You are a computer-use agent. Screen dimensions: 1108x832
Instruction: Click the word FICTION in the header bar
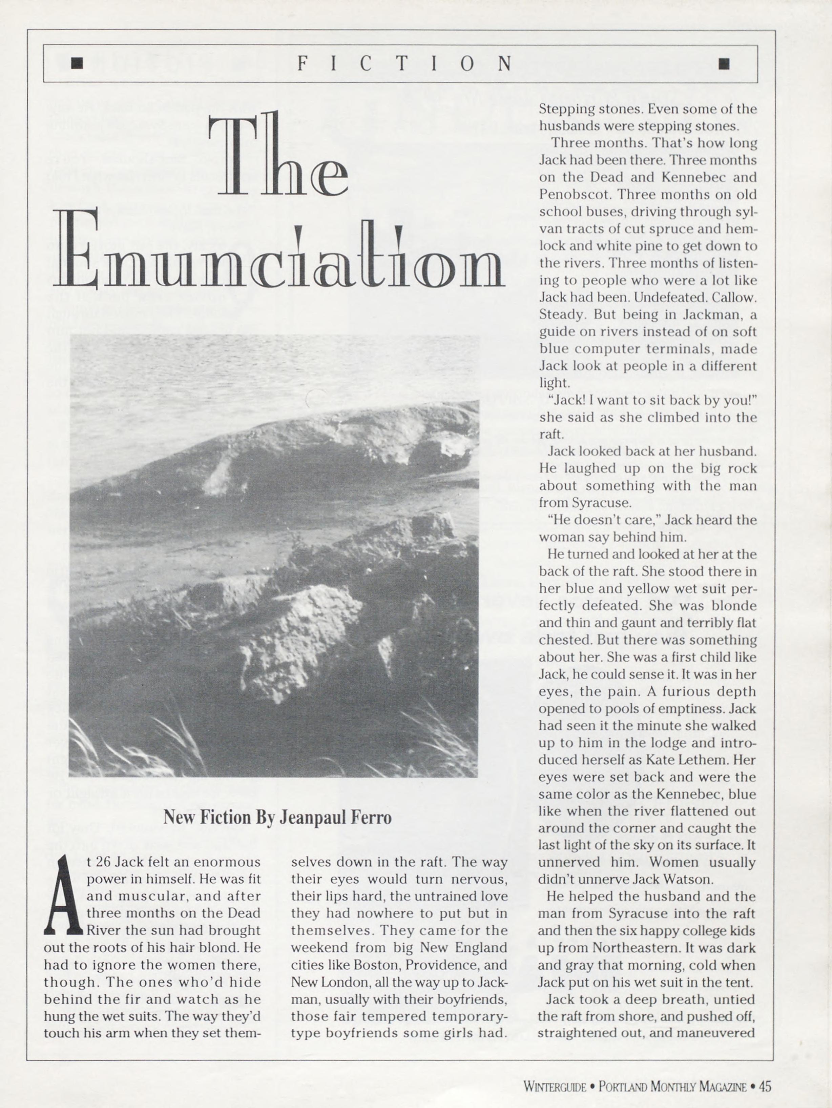(404, 64)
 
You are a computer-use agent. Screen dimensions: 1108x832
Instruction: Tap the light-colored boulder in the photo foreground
(300, 631)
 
